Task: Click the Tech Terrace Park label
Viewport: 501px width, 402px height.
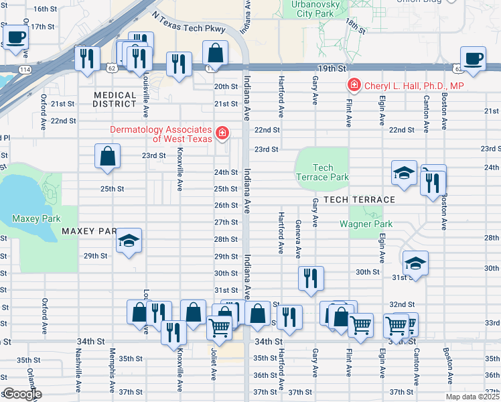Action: pyautogui.click(x=322, y=173)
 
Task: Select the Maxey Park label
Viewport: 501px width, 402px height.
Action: pyautogui.click(x=36, y=218)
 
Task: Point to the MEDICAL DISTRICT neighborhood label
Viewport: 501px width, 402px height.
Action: pyautogui.click(x=115, y=99)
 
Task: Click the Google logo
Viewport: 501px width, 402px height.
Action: pyautogui.click(x=22, y=394)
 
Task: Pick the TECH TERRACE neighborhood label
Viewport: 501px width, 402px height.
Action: pyautogui.click(x=358, y=200)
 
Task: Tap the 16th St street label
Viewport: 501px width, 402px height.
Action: pyautogui.click(x=45, y=9)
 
